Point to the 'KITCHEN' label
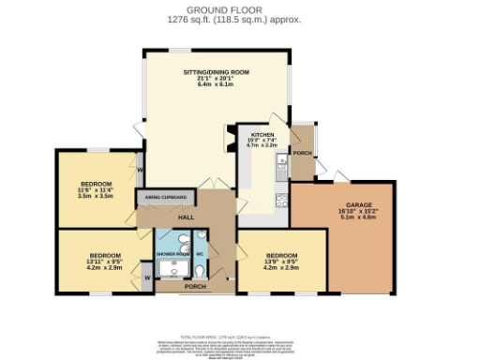[x=259, y=135]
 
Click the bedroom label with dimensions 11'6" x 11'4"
[x=96, y=183]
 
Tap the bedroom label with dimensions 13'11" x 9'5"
[x=105, y=255]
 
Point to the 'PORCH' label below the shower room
[x=195, y=286]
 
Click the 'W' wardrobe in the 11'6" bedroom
[x=140, y=171]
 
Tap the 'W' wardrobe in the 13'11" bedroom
[x=147, y=278]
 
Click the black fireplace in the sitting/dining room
[x=225, y=141]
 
